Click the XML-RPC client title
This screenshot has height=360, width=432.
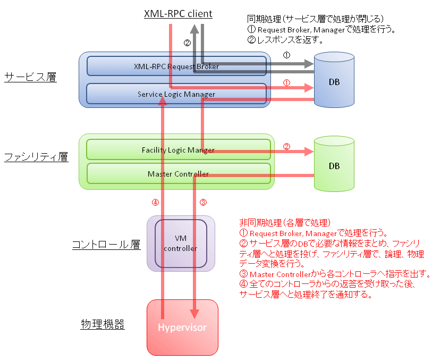tap(178, 14)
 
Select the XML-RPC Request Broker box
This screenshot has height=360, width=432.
tap(176, 66)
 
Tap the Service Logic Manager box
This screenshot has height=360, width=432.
tap(176, 94)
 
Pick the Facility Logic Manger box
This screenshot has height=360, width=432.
tap(178, 149)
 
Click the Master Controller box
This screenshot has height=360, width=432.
tap(178, 174)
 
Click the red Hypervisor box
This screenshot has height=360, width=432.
tap(182, 328)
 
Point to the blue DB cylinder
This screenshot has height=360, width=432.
tap(334, 80)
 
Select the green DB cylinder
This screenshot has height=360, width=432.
tap(334, 164)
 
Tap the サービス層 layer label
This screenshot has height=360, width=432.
tap(30, 77)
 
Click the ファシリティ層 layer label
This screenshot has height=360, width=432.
tap(36, 157)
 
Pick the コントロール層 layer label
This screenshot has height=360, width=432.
tap(106, 245)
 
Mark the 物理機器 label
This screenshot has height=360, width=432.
tap(103, 324)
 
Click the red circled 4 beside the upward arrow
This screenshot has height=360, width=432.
tap(155, 203)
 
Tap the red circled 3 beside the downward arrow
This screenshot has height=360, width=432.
tap(203, 203)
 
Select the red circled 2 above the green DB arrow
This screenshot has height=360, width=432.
tap(286, 146)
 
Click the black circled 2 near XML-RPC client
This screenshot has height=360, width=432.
tap(188, 43)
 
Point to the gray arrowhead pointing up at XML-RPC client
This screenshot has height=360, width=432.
tap(194, 29)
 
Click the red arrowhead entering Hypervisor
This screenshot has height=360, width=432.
tap(194, 314)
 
